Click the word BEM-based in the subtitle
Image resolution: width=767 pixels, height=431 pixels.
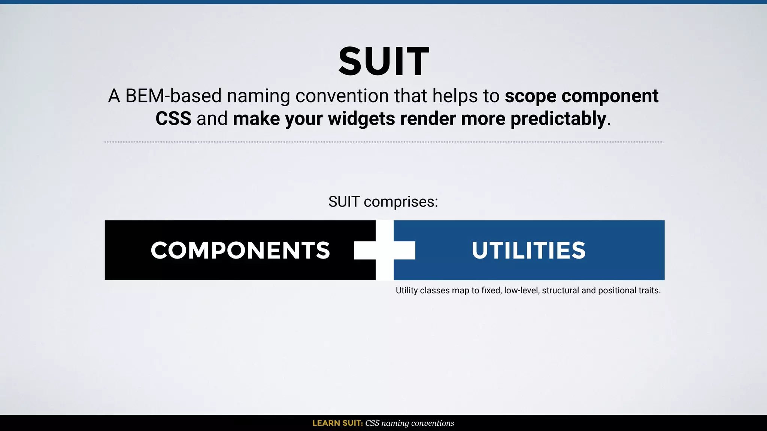coord(173,96)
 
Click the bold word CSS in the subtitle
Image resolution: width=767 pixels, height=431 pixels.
coord(173,119)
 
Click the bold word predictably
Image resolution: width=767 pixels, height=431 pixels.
coord(558,119)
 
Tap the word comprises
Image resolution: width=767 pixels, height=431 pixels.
coord(401,202)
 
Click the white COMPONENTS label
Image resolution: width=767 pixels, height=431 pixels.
coord(240,250)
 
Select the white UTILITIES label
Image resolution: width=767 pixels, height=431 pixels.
coord(528,250)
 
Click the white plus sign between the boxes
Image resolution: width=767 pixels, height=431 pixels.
coord(385,250)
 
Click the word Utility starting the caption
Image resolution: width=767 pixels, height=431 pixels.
coord(406,291)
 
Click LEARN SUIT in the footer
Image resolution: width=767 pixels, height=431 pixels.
coord(337,423)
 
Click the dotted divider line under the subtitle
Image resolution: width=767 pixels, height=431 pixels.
coord(383,142)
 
